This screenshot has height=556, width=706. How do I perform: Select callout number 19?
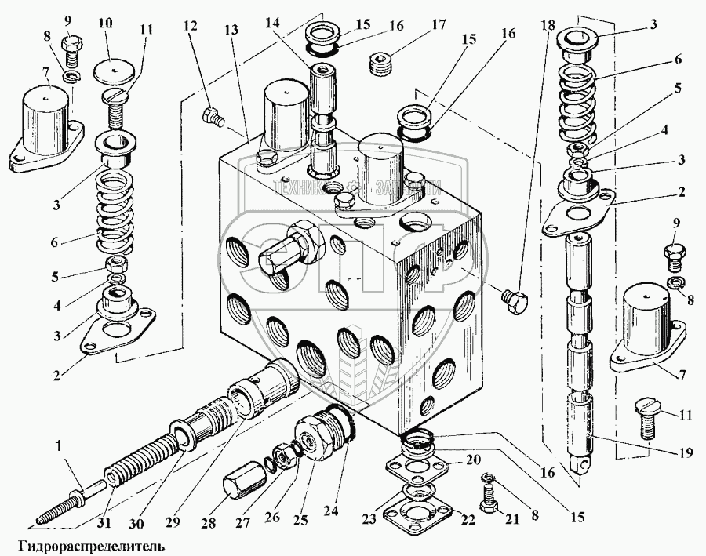coord(664,452)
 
